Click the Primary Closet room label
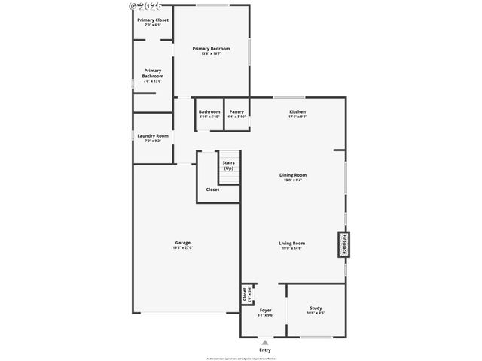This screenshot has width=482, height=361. [x=152, y=20]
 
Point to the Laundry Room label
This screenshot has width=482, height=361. [x=152, y=136]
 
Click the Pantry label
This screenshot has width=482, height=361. [x=236, y=112]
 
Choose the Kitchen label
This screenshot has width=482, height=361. [x=297, y=112]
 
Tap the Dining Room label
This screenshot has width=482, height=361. [x=293, y=175]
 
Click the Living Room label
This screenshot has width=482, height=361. [x=291, y=243]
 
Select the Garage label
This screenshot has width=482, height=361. [x=182, y=242]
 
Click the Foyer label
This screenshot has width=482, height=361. [x=265, y=310]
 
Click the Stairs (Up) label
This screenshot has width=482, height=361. [x=228, y=165]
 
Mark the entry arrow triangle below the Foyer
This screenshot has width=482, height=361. [x=264, y=342]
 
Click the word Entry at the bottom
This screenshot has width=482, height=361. [x=265, y=350]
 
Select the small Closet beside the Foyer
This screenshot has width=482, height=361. [x=245, y=293]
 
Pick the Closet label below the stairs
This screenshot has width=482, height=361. [x=212, y=190]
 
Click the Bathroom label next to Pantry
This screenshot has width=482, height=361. [x=209, y=112]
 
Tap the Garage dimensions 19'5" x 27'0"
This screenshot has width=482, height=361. [x=182, y=247]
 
